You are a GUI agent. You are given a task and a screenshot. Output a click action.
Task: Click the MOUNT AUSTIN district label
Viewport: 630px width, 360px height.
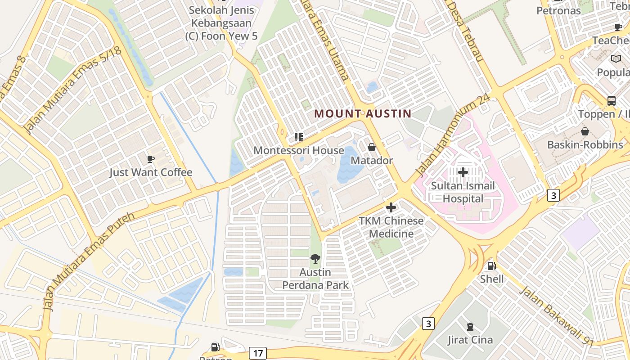tap(363, 113)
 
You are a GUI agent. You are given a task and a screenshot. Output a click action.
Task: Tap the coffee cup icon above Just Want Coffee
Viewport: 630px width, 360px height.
tap(151, 159)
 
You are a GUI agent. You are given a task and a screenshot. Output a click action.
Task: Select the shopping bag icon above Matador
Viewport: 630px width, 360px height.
tap(372, 147)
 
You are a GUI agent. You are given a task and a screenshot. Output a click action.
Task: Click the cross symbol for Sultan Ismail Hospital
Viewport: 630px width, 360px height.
tap(463, 172)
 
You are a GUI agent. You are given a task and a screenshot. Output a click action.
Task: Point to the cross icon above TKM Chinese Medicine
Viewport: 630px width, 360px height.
tap(391, 207)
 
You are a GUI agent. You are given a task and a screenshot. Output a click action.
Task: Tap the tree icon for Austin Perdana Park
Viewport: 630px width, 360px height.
tap(315, 258)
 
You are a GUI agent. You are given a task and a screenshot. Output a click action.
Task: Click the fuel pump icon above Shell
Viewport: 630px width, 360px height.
tap(491, 266)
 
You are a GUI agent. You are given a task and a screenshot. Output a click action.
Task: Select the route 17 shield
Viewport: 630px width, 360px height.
tap(257, 353)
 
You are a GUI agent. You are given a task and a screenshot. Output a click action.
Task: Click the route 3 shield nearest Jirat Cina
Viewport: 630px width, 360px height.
tap(428, 323)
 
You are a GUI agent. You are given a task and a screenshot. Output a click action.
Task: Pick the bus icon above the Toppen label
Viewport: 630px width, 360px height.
tap(612, 100)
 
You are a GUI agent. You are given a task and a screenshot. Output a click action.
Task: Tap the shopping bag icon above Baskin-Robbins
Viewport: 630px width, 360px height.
tap(585, 131)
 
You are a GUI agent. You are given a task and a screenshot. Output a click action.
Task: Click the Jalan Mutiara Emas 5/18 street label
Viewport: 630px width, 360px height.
tap(72, 90)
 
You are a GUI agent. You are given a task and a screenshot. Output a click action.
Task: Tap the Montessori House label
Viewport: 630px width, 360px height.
tap(299, 150)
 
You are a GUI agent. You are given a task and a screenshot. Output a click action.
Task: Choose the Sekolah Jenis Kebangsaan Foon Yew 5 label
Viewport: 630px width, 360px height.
tap(221, 23)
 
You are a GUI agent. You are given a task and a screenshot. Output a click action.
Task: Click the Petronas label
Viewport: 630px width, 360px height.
tap(559, 10)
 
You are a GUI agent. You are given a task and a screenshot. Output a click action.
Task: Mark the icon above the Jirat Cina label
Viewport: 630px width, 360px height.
tap(470, 327)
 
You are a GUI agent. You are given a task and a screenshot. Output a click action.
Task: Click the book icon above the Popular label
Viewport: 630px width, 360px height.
tap(616, 58)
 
